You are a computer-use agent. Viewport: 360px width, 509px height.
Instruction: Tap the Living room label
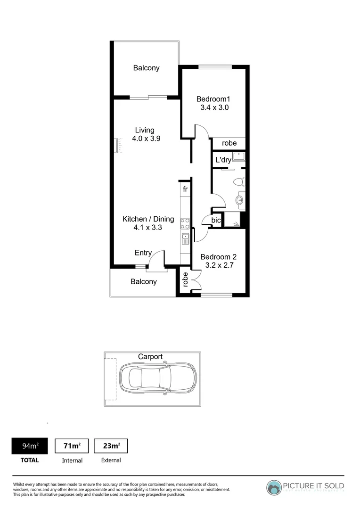coord(145,130)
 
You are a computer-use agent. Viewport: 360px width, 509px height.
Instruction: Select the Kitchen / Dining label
coord(148,219)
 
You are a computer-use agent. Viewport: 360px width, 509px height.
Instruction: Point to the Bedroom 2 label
coord(218,257)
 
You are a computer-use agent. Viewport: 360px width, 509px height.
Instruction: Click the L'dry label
coord(223,160)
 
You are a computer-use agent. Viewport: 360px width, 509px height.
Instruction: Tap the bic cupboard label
coord(216,220)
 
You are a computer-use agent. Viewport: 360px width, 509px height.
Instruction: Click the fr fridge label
coord(185,189)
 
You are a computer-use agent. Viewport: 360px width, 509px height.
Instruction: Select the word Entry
coord(143,253)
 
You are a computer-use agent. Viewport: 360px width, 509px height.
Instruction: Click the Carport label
coord(150,357)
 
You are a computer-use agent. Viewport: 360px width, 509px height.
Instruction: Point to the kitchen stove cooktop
coord(185,223)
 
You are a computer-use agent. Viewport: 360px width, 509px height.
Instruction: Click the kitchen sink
coord(185,238)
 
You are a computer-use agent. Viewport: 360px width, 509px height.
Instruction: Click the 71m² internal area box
coord(72,446)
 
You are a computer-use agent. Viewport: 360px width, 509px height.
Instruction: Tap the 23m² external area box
coord(111,446)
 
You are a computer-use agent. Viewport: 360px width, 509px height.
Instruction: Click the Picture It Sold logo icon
coord(274,488)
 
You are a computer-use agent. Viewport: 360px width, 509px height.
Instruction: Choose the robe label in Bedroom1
coord(229,143)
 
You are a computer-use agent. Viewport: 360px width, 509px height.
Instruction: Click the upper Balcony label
coord(146,68)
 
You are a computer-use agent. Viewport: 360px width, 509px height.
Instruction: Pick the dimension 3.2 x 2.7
coord(218,265)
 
